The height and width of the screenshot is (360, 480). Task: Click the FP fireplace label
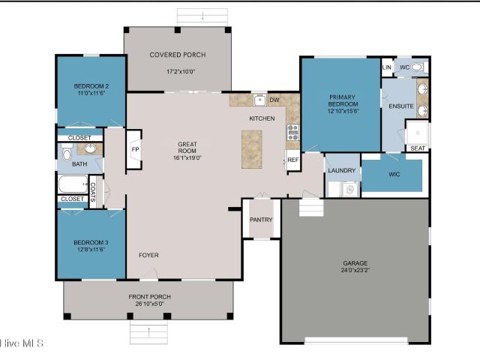point(135,149)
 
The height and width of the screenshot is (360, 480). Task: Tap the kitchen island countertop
point(252,149)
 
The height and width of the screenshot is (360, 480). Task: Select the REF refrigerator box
point(293,160)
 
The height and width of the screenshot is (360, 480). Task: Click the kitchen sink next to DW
point(260,100)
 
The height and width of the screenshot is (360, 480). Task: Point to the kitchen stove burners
point(293,132)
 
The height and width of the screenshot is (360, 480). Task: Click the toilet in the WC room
point(418,67)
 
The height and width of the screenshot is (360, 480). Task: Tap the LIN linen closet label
point(387,67)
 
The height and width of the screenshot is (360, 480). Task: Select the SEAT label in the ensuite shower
point(418,148)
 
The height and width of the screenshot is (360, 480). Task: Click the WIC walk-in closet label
point(394,174)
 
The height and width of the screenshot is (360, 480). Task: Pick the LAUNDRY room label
point(342,170)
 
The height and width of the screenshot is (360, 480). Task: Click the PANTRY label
point(261,220)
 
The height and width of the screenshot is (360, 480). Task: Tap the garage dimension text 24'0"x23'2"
point(355,270)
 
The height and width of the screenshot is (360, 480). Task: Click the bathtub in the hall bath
point(73,184)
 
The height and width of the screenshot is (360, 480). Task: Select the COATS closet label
point(93,192)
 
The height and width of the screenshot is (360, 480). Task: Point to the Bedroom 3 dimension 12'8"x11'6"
point(91,249)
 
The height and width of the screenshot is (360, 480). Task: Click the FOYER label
point(148,255)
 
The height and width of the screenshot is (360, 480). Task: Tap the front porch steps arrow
point(148,331)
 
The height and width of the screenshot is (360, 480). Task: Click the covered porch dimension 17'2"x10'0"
point(181,72)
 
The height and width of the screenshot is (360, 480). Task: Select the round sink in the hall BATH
point(90,148)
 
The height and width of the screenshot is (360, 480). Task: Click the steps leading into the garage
point(311,207)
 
